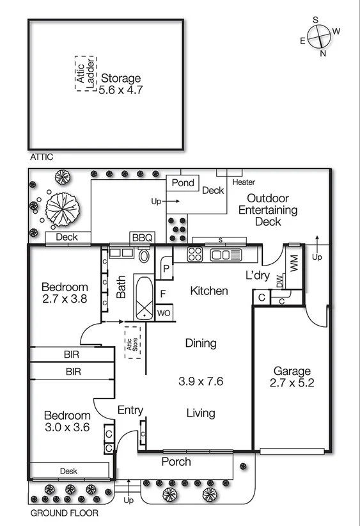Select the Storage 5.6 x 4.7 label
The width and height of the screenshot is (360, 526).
pos(120,84)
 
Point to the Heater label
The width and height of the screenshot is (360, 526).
pos(243,182)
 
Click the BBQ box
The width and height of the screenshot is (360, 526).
pos(142,237)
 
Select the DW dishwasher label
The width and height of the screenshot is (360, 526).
pos(279,280)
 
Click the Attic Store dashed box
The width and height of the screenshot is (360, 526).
pos(132,342)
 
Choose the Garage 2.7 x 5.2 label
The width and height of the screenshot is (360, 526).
pos(292,377)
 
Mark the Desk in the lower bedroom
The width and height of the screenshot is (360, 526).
pos(68,471)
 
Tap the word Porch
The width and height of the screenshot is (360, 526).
pos(175,461)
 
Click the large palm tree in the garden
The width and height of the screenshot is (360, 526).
pos(61,209)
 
